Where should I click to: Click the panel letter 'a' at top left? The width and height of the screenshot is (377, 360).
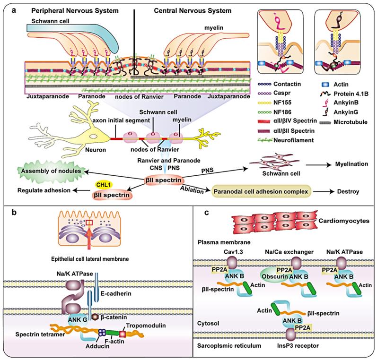point(7,7)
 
